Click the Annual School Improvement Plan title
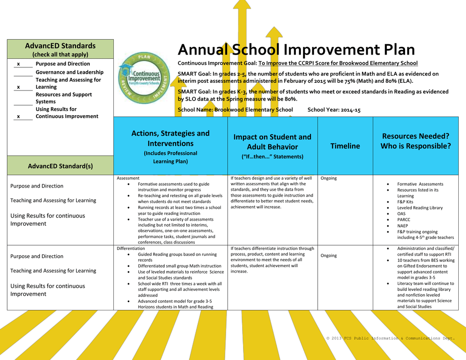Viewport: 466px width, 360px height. [x=296, y=50]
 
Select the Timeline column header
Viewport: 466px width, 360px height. [x=345, y=146]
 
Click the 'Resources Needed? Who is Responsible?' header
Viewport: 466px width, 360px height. [x=415, y=141]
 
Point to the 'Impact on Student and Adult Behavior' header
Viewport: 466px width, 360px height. [x=272, y=142]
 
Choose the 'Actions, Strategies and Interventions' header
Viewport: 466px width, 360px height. [x=170, y=138]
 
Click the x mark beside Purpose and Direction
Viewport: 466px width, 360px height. [x=18, y=64]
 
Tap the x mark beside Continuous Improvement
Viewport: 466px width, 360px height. [x=18, y=117]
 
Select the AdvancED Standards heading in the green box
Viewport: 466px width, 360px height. [x=60, y=46]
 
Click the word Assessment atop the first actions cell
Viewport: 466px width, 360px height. [x=128, y=178]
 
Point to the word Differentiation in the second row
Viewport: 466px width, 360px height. [x=131, y=248]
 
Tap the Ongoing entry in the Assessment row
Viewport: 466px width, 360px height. [x=329, y=178]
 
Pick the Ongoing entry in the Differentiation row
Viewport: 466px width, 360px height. [x=329, y=256]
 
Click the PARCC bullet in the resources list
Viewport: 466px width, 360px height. [x=404, y=220]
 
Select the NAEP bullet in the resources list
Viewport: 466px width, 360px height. [x=402, y=226]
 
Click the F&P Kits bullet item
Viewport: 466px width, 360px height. [x=405, y=202]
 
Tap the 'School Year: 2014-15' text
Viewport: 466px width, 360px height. [x=334, y=110]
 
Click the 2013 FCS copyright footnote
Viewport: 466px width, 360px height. [x=390, y=339]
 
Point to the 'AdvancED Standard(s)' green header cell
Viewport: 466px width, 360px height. [x=60, y=166]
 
